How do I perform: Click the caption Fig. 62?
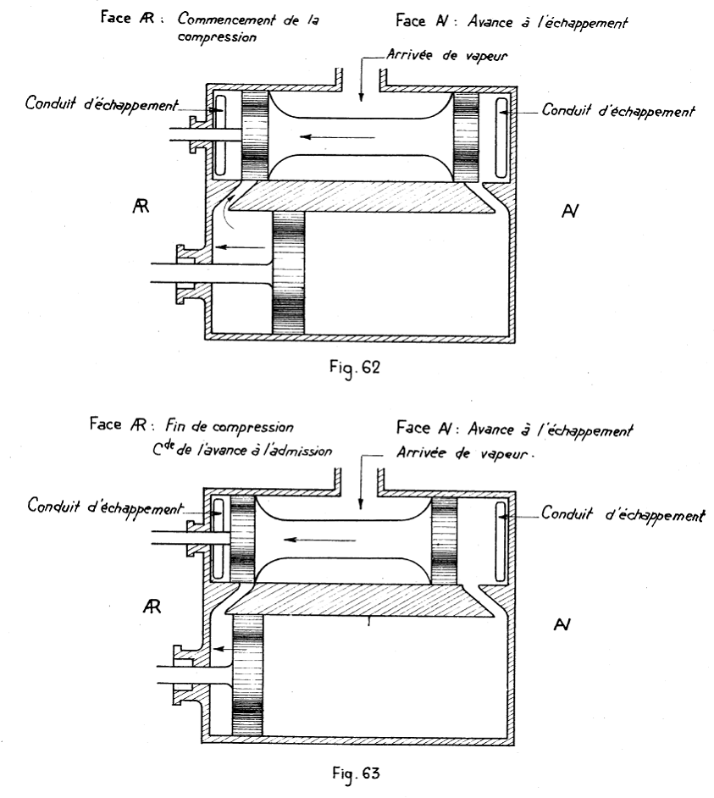(355, 368)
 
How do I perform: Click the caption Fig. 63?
(356, 773)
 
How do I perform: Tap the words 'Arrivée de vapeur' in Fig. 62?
(447, 55)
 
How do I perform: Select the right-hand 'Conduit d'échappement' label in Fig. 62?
(617, 110)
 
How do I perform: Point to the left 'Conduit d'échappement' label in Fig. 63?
(105, 507)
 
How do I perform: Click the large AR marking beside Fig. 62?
(141, 206)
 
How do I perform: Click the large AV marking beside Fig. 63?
(562, 624)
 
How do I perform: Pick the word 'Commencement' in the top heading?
(226, 19)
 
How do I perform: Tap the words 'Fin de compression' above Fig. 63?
(230, 426)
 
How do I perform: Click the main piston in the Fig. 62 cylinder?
(289, 273)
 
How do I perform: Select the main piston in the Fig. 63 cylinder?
(247, 675)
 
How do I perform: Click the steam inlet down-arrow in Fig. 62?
(361, 79)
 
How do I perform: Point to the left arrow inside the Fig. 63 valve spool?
(319, 540)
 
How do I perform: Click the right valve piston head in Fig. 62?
(466, 136)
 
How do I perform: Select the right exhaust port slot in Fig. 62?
(501, 137)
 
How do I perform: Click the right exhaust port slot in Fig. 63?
(501, 541)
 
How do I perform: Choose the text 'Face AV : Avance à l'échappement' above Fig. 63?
(514, 429)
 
